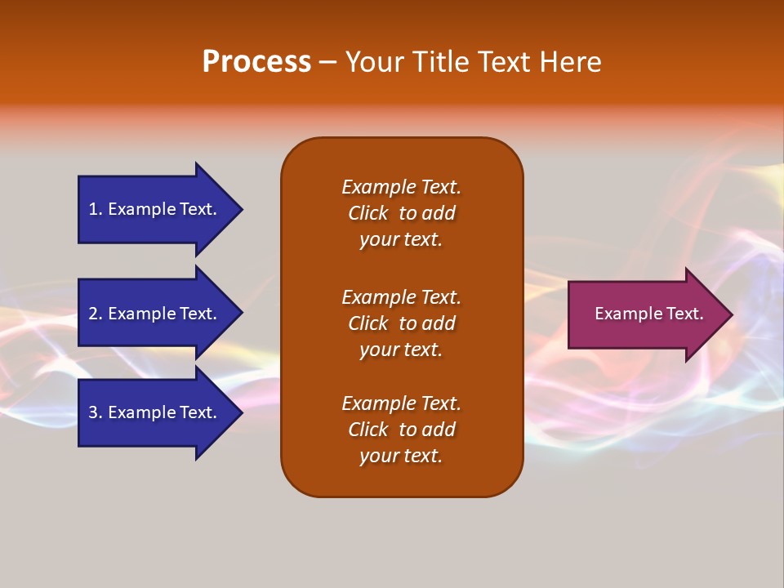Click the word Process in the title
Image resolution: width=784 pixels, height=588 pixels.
point(256,62)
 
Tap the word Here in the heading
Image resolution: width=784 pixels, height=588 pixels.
point(569,62)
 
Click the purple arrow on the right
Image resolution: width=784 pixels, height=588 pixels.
point(645,314)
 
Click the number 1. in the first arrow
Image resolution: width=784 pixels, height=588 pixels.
point(96,209)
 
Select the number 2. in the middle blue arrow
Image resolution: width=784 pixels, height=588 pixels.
point(96,314)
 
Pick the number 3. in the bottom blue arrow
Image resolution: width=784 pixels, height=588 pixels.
point(96,412)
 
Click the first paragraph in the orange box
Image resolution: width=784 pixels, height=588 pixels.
point(401,213)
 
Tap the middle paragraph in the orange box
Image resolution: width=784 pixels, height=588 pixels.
point(401,323)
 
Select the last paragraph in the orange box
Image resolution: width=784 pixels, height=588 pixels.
point(401,430)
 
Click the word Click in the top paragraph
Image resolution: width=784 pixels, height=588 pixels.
point(368,213)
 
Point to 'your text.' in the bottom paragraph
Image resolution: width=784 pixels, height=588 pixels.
point(401,456)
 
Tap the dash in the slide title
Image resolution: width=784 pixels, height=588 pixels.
point(327,63)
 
